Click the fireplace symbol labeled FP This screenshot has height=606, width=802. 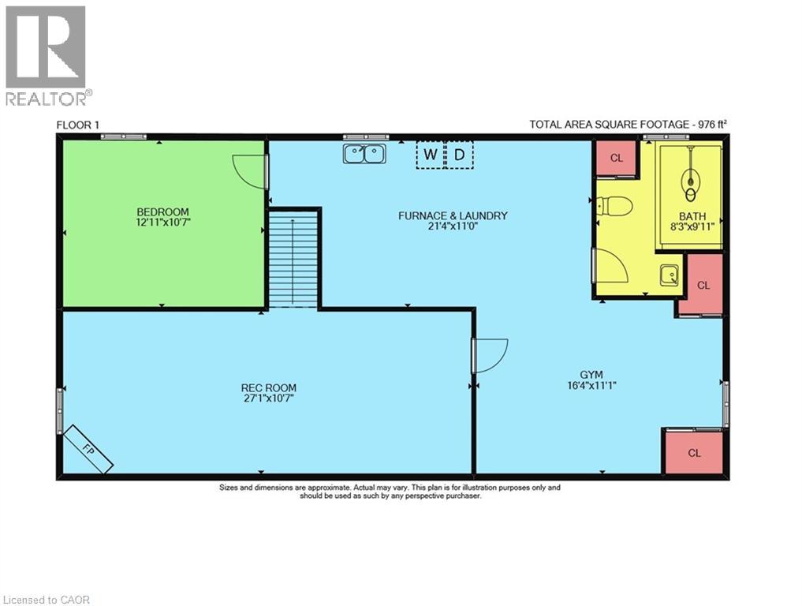pyautogui.click(x=88, y=448)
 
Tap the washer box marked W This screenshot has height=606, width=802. pyautogui.click(x=430, y=155)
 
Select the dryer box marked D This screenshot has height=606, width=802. pyautogui.click(x=460, y=155)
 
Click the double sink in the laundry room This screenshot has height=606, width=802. pyautogui.click(x=364, y=153)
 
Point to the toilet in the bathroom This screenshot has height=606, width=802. pyautogui.click(x=614, y=207)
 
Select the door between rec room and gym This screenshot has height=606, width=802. pyautogui.click(x=489, y=355)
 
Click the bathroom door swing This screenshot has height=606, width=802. pyautogui.click(x=610, y=266)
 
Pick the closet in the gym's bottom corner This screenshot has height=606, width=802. pyautogui.click(x=694, y=452)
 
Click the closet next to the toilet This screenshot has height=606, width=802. pyautogui.click(x=617, y=158)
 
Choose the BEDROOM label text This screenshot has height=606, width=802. pyautogui.click(x=162, y=211)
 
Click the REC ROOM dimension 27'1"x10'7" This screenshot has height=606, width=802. pyautogui.click(x=269, y=398)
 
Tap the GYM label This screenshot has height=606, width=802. pyautogui.click(x=591, y=375)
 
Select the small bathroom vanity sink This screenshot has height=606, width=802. pyautogui.click(x=671, y=275)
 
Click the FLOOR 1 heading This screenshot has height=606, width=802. pyautogui.click(x=77, y=125)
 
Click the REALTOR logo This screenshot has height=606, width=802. pyautogui.click(x=46, y=55)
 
